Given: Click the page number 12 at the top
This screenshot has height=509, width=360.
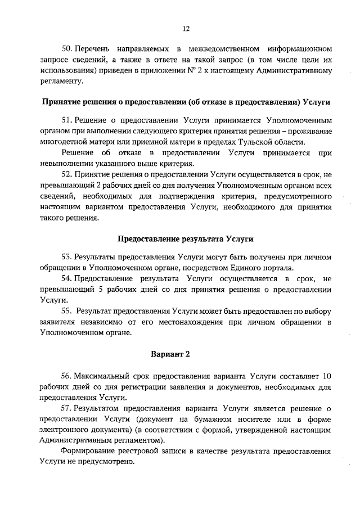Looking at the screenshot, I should click(x=186, y=29).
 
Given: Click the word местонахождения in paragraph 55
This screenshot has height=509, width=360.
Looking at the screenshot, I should click(x=192, y=321).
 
